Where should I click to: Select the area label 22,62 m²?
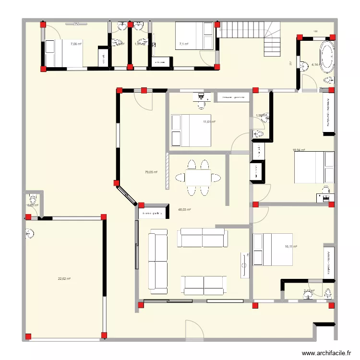pos(64,279)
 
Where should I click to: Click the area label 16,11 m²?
pos(291,247)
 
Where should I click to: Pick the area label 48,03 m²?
pos(185,210)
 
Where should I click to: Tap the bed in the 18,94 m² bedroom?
pos(315,167)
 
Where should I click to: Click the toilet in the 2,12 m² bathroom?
pos(328,293)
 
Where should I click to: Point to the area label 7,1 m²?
pos(183,44)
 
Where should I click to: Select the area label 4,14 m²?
pos(315,64)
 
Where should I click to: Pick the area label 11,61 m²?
pos(209,121)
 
